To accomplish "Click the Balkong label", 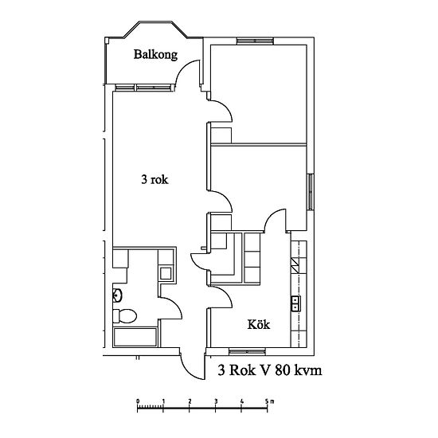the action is [155, 55].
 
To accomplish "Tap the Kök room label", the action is [259, 325].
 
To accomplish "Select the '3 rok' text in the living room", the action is [154, 179].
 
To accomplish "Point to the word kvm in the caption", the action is [309, 370].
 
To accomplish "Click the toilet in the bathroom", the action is [124, 316].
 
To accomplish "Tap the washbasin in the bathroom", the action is [117, 295].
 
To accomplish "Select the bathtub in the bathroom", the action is [135, 337].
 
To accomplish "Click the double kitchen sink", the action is [295, 303].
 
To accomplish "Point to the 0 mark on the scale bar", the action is [138, 401].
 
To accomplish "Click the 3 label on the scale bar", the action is [216, 401].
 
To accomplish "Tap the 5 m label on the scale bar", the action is [269, 401].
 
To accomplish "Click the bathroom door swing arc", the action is [176, 304].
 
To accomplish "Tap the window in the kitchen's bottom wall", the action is [247, 351].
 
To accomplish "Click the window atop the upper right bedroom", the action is [255, 41].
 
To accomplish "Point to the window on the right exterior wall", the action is [311, 192].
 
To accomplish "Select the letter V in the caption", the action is [264, 370].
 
